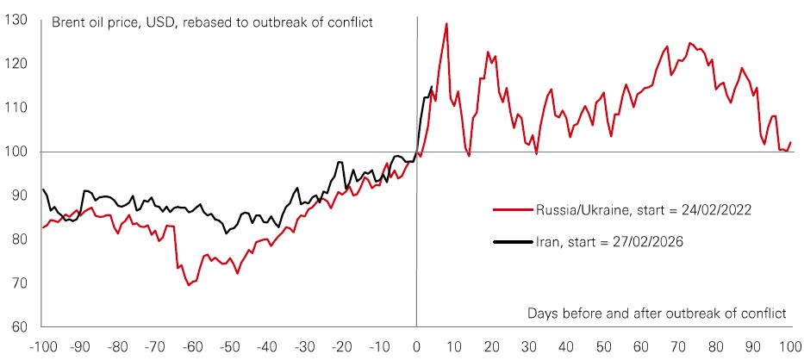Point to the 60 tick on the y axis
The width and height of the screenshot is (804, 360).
point(18,326)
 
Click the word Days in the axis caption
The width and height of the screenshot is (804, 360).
point(544,313)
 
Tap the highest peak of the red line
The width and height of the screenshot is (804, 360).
point(446,23)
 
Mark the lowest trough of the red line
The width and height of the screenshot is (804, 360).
point(189,284)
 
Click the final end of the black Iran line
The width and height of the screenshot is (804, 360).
point(432,86)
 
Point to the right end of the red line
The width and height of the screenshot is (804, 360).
point(791,142)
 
